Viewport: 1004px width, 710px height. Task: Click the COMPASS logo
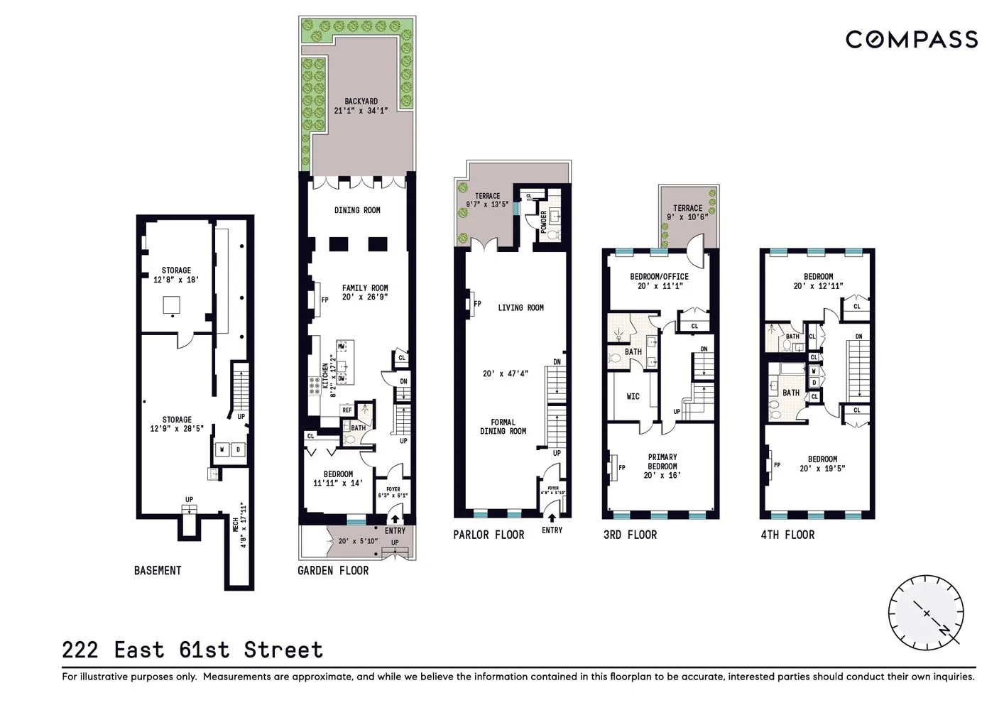[911, 39]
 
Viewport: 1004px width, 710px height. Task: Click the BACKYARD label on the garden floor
[361, 102]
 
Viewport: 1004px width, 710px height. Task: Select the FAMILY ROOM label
[365, 288]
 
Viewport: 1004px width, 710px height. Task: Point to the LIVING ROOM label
[520, 307]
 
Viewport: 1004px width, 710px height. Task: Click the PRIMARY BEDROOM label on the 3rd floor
[662, 461]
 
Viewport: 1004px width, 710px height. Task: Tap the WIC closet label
[633, 396]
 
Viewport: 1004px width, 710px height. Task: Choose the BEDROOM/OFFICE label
[659, 277]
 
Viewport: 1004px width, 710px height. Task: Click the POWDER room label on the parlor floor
[544, 223]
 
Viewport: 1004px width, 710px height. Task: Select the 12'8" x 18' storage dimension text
[176, 280]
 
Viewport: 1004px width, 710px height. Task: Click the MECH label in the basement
[236, 525]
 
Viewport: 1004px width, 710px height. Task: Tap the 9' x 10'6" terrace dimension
[687, 217]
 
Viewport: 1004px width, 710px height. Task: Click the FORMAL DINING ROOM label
[503, 427]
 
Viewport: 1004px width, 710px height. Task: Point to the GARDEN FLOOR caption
[333, 570]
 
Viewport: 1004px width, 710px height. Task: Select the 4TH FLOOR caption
[787, 535]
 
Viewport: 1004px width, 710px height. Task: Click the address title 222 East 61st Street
[192, 650]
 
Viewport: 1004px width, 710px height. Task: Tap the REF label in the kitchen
[347, 410]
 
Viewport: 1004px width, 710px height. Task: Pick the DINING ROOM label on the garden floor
[357, 210]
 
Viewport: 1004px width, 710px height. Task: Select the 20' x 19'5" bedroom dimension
[822, 469]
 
